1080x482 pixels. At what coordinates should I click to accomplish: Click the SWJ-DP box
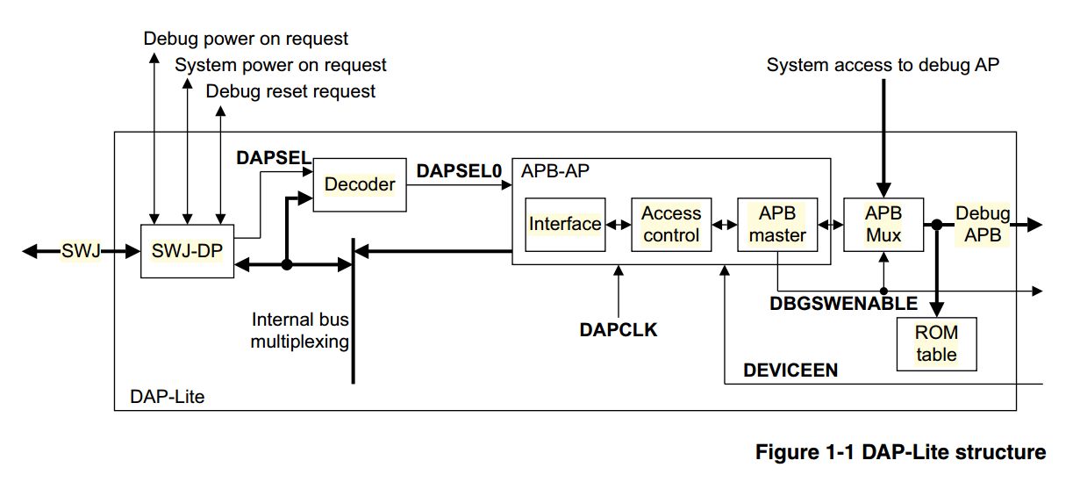187,251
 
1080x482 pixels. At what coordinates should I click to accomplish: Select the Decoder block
360,184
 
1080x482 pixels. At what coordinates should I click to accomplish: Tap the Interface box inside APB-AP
565,224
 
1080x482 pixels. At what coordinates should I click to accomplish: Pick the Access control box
671,224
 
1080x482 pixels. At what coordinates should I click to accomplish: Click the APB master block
777,224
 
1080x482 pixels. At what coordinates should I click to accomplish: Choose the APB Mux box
883,224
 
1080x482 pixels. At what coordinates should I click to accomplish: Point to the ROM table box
936,343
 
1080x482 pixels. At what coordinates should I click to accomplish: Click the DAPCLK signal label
619,330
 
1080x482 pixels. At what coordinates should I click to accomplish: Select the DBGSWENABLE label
843,304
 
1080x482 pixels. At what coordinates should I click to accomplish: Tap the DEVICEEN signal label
790,370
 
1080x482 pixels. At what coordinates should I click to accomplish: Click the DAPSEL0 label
458,172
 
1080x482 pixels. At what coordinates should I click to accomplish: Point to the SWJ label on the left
81,252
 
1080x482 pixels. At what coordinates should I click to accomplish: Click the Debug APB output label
982,224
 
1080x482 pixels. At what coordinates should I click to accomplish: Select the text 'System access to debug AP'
883,64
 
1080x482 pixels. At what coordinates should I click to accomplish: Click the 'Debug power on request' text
246,39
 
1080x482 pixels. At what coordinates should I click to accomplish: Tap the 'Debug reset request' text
290,91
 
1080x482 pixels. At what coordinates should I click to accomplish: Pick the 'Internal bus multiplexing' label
300,331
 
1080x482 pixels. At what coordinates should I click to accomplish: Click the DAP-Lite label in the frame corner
167,397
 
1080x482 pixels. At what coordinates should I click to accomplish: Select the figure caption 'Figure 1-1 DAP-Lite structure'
900,452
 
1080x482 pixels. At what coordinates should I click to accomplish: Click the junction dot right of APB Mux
936,225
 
